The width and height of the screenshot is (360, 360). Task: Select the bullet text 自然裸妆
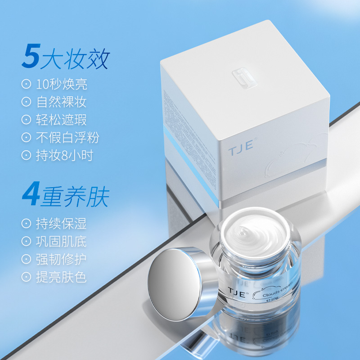(62, 102)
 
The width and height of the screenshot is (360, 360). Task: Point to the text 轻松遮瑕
(62, 120)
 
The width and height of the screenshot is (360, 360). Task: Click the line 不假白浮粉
(67, 137)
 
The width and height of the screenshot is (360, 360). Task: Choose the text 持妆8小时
(64, 155)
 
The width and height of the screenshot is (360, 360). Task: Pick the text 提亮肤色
(62, 277)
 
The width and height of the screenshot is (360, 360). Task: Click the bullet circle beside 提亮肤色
(27, 277)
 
